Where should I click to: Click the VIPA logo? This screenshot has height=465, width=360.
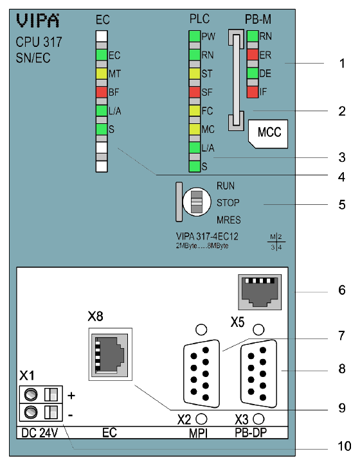tap(38, 21)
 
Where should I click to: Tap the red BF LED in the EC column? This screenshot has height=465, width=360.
tap(102, 92)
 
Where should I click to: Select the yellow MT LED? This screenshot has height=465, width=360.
tap(102, 74)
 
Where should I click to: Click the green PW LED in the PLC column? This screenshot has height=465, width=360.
tap(194, 37)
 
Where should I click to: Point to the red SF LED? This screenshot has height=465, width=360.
tap(194, 92)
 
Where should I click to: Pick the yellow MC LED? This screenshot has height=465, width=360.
tap(194, 129)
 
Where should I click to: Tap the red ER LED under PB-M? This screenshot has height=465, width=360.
tap(253, 55)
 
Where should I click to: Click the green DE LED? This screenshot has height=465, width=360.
tap(253, 73)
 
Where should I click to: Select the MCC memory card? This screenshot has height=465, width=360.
tap(268, 134)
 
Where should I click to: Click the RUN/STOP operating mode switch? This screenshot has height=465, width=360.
tap(197, 202)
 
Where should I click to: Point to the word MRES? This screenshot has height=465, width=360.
tap(228, 220)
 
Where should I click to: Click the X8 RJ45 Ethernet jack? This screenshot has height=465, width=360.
tap(111, 354)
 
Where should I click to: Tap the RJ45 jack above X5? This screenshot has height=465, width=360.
tap(260, 292)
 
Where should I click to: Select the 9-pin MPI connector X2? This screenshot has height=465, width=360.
tap(202, 374)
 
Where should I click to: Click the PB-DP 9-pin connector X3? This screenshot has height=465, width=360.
tap(259, 374)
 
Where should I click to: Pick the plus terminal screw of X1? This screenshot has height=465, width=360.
tap(31, 394)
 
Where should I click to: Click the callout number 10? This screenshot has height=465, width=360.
tap(345, 446)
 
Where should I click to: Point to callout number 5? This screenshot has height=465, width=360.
tap(342, 205)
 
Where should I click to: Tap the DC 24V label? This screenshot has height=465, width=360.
tap(39, 433)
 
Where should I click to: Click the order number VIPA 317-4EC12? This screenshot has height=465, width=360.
tap(207, 236)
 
